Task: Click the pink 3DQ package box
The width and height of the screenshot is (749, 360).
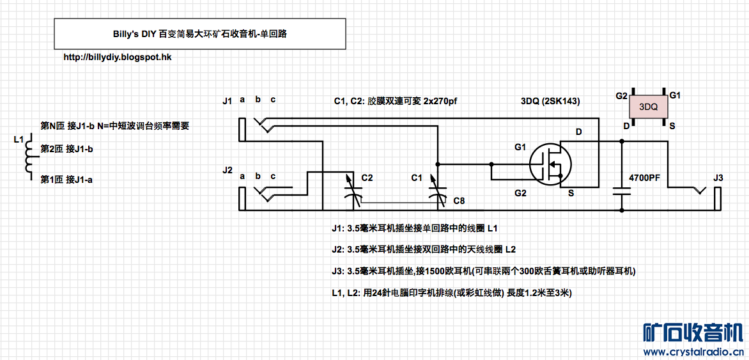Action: pyautogui.click(x=649, y=106)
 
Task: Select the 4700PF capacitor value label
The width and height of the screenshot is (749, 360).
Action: pyautogui.click(x=644, y=177)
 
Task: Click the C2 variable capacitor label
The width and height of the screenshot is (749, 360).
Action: pyautogui.click(x=367, y=177)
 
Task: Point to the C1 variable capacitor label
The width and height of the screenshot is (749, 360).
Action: pyautogui.click(x=417, y=177)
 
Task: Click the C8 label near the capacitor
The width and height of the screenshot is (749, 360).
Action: pyautogui.click(x=459, y=201)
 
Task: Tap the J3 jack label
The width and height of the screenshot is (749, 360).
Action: pyautogui.click(x=718, y=177)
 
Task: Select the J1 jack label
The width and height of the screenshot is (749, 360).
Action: pyautogui.click(x=228, y=101)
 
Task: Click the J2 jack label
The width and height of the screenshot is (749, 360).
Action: pyautogui.click(x=228, y=171)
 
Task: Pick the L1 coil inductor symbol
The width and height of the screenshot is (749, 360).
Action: pyautogui.click(x=28, y=156)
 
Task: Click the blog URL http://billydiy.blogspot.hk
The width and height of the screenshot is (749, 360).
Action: pyautogui.click(x=118, y=57)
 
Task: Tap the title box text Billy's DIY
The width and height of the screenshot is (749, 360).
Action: pyautogui.click(x=127, y=35)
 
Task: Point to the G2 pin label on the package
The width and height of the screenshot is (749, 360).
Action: pyautogui.click(x=621, y=96)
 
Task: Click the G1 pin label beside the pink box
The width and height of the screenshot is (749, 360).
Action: pyautogui.click(x=675, y=95)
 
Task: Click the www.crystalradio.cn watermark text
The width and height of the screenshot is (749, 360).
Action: pyautogui.click(x=693, y=351)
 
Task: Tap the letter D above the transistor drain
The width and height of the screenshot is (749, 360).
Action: pyautogui.click(x=578, y=132)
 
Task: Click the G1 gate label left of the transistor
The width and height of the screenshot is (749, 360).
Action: pyautogui.click(x=520, y=148)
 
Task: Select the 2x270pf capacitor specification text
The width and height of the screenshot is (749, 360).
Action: pyautogui.click(x=440, y=101)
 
